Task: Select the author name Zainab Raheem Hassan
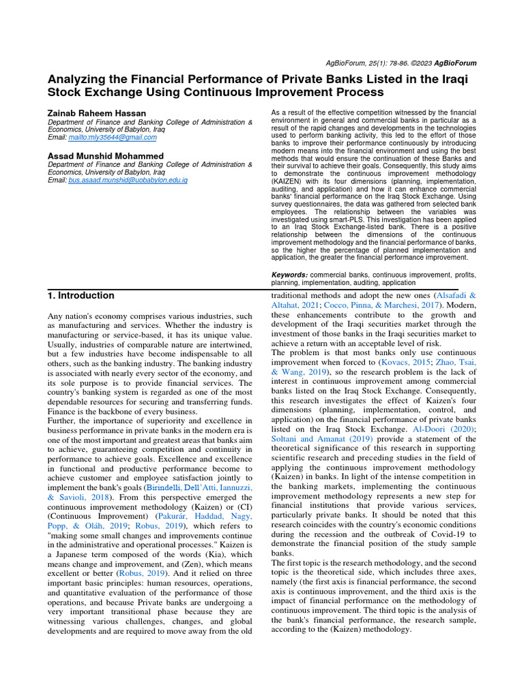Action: click(97, 112)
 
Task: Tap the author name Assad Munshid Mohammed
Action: click(106, 156)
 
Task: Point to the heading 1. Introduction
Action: click(81, 296)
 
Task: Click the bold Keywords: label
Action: click(289, 274)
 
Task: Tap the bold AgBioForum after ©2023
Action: click(455, 63)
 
